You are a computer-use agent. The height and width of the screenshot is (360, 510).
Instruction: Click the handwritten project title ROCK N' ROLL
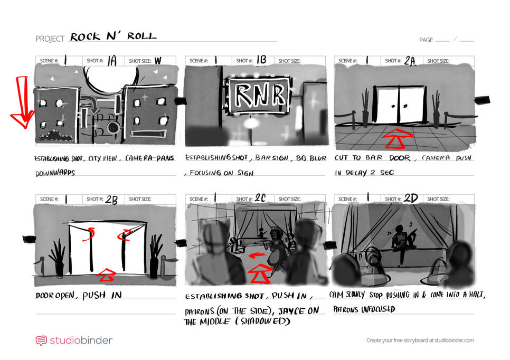113,37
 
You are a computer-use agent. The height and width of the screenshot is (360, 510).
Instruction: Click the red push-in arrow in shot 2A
398,139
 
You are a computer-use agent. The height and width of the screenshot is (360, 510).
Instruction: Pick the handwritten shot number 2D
410,199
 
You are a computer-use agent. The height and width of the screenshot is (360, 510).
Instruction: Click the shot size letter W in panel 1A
157,61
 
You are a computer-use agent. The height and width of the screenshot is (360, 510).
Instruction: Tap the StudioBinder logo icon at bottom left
41,340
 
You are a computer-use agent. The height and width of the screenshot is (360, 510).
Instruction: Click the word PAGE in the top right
426,40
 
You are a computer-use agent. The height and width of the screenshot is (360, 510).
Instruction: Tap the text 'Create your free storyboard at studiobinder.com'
420,340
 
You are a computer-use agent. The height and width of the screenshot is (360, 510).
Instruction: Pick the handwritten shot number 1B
261,61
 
